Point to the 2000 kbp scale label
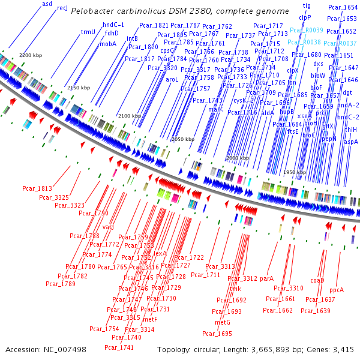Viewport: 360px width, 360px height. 238,158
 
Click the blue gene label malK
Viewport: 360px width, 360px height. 216,109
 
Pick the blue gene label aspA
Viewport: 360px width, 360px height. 350,142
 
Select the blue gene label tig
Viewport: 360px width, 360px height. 307,5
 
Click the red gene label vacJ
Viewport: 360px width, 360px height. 108,227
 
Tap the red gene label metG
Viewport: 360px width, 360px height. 223,323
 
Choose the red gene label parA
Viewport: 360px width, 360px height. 266,278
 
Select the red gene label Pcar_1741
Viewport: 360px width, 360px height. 119,347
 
